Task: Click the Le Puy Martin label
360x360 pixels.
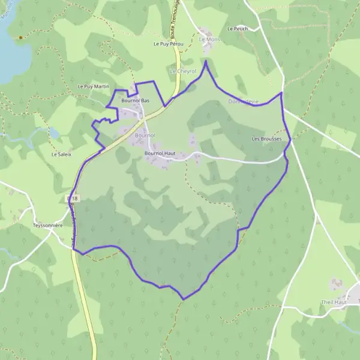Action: tap(94, 87)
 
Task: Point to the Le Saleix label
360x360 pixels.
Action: tap(61, 154)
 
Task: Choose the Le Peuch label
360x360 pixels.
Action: tap(238, 29)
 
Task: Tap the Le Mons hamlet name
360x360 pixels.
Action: tap(210, 40)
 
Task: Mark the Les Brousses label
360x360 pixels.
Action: tap(266, 139)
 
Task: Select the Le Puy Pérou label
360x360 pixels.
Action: tap(167, 44)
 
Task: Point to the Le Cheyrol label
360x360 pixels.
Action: tap(183, 71)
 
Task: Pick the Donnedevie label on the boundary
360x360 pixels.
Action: tap(243, 102)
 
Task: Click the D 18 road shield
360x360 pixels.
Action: tap(73, 197)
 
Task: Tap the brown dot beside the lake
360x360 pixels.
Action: tap(20, 37)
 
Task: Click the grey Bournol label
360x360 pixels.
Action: tap(145, 136)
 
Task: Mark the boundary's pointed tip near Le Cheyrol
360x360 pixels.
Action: tap(206, 61)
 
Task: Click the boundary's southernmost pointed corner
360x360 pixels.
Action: tap(184, 299)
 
